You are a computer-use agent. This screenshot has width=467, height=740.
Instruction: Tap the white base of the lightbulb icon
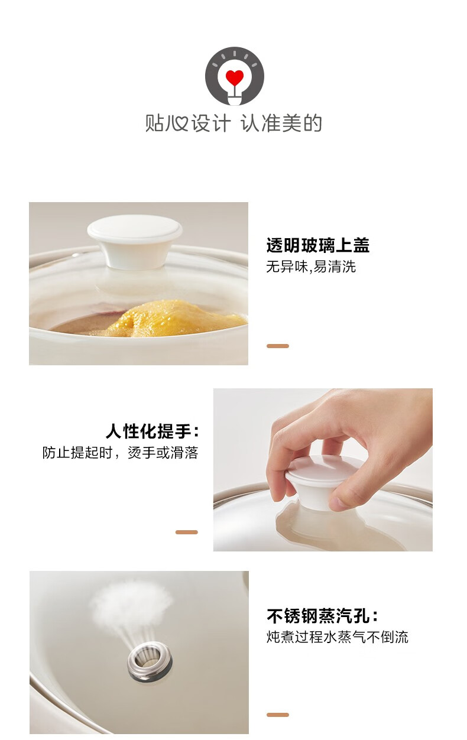(x=234, y=100)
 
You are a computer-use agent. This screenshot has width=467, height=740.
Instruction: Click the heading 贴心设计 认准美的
(x=234, y=123)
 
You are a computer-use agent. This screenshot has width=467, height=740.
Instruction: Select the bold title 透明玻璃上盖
(x=317, y=245)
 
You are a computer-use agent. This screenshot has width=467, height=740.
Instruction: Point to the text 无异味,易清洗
(x=311, y=267)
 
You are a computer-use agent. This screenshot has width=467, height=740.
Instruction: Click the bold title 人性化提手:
(x=153, y=431)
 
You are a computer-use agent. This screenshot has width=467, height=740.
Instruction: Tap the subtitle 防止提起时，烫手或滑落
(x=121, y=453)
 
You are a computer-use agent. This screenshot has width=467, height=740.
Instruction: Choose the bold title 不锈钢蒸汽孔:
(x=322, y=616)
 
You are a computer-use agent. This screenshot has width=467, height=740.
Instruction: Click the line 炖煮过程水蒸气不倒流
(x=338, y=637)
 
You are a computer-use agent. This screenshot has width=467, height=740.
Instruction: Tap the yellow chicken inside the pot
(x=177, y=317)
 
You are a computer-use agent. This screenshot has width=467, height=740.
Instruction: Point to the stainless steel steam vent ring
(x=150, y=661)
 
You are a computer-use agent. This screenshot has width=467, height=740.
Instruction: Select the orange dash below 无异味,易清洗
(x=278, y=346)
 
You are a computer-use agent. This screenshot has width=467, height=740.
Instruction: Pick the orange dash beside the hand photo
(x=186, y=532)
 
